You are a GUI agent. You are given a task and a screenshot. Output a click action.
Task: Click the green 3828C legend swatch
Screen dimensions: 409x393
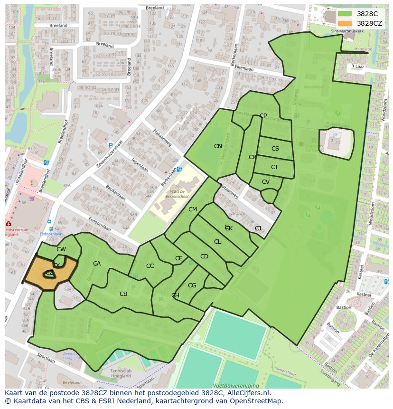345,14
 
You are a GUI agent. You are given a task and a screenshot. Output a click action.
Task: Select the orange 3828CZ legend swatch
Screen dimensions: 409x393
345,23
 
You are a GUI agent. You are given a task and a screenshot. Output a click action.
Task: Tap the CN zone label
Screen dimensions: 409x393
218,146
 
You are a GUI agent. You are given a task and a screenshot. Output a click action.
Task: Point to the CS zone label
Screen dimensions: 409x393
275,149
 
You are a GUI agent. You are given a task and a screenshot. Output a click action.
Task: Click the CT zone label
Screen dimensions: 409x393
274,167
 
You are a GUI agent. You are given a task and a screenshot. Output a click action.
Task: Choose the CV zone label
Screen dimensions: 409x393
266,182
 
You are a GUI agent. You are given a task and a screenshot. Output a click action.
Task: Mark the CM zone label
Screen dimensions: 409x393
192,209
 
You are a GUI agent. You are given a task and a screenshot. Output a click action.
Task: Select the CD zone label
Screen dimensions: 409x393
204,257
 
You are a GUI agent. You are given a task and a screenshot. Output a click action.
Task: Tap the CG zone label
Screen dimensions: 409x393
192,285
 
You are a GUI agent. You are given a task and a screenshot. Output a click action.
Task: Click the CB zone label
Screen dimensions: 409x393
123,294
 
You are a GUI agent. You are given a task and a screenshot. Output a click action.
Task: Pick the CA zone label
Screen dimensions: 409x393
97,264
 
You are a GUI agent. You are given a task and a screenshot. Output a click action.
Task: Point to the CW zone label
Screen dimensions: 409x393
61,249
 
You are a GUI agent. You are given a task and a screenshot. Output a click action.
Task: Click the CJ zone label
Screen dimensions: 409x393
258,228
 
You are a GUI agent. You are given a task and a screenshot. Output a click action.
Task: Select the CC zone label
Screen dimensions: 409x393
150,266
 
